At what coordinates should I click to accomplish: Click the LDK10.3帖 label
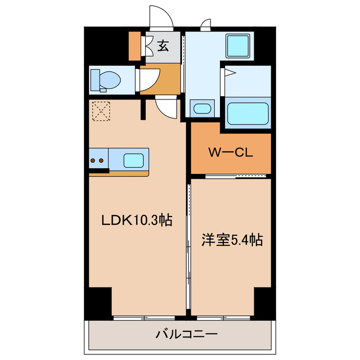136,221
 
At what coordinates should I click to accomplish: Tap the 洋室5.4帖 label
232,240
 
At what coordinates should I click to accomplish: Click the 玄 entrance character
163,46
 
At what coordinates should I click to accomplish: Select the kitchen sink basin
134,160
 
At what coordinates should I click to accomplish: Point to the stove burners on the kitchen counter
96,160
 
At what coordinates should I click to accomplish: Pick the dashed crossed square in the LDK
101,110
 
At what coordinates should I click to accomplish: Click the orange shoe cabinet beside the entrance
134,46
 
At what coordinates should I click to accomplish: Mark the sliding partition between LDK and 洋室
188,247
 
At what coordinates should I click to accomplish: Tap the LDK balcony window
144,317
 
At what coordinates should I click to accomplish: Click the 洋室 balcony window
223,317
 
